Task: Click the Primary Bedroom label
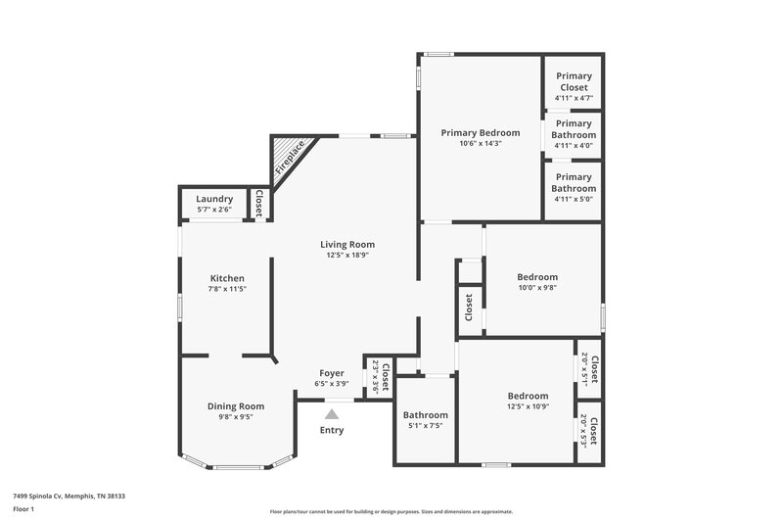479,132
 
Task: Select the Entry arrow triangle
332,414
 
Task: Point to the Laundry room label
214,199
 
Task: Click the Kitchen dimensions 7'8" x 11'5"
227,289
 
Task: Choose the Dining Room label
236,405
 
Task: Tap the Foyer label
332,373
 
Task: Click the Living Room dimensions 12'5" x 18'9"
347,256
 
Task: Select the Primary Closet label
573,81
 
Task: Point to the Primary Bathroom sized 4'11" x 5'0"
574,183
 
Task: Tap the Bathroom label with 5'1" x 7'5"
426,415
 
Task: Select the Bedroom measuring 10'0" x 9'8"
537,277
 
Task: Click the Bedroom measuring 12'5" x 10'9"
528,396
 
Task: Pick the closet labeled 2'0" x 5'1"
589,368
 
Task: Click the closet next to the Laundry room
259,203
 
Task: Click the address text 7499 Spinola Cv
69,496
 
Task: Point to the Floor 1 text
23,509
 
